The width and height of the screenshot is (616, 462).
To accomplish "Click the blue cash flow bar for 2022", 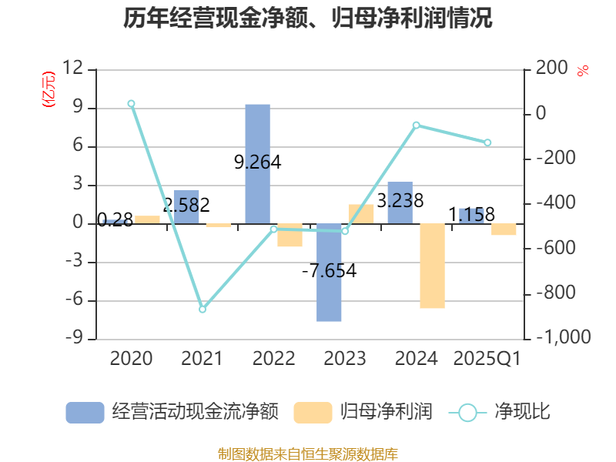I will pos(257,163).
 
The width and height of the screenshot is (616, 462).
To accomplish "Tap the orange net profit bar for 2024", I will pos(432,266).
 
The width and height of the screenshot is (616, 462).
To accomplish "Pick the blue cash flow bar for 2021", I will pos(186,206).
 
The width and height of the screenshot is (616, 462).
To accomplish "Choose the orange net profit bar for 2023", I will pos(360,214).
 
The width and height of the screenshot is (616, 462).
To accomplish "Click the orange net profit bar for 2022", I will pos(290,235).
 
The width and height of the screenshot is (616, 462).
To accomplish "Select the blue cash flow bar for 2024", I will pos(400,203).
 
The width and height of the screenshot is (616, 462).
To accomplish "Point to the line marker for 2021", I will pos(203,309).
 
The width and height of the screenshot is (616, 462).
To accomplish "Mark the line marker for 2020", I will pos(131,103).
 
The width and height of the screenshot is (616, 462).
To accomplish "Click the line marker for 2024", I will pos(417,125).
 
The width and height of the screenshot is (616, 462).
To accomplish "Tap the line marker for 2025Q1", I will pos(487,142).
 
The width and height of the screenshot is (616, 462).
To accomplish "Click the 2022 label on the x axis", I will pos(273,359).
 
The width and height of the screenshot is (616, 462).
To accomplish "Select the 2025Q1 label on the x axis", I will pos(487,359).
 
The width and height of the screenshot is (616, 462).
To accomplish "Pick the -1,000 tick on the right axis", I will pos(562,338).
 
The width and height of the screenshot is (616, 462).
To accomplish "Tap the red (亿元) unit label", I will pos(49,89).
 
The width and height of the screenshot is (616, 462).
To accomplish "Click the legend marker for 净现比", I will pos(467,413).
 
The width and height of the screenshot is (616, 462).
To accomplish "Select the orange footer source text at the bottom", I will pos(307,454).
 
